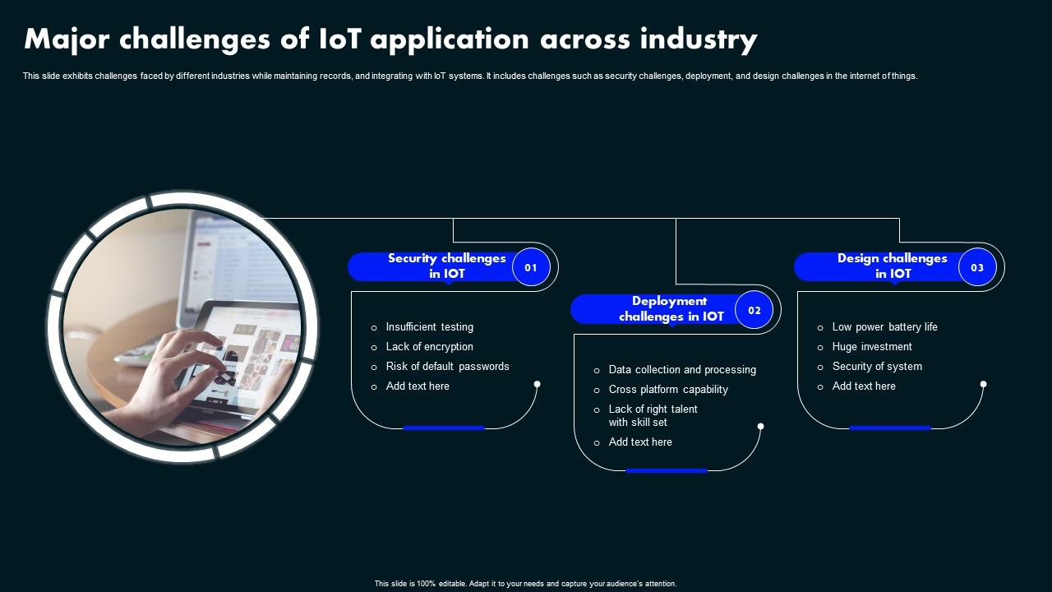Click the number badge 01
pyautogui.click(x=531, y=267)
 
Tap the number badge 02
pyautogui.click(x=754, y=310)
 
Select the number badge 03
pyautogui.click(x=977, y=267)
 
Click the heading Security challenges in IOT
pyautogui.click(x=446, y=266)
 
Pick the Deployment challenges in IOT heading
pyautogui.click(x=671, y=308)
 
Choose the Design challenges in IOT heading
pyautogui.click(x=893, y=266)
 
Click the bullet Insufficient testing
pyautogui.click(x=429, y=327)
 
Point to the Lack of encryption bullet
pyautogui.click(x=429, y=347)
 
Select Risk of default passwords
pyautogui.click(x=447, y=367)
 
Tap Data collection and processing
pyautogui.click(x=681, y=370)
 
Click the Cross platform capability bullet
pyautogui.click(x=667, y=390)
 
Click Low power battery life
pyautogui.click(x=884, y=327)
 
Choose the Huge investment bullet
pyautogui.click(x=871, y=347)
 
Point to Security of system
pyautogui.click(x=876, y=367)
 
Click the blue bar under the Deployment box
pyautogui.click(x=667, y=470)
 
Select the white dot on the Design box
pyautogui.click(x=983, y=384)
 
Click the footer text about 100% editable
pyautogui.click(x=525, y=584)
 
